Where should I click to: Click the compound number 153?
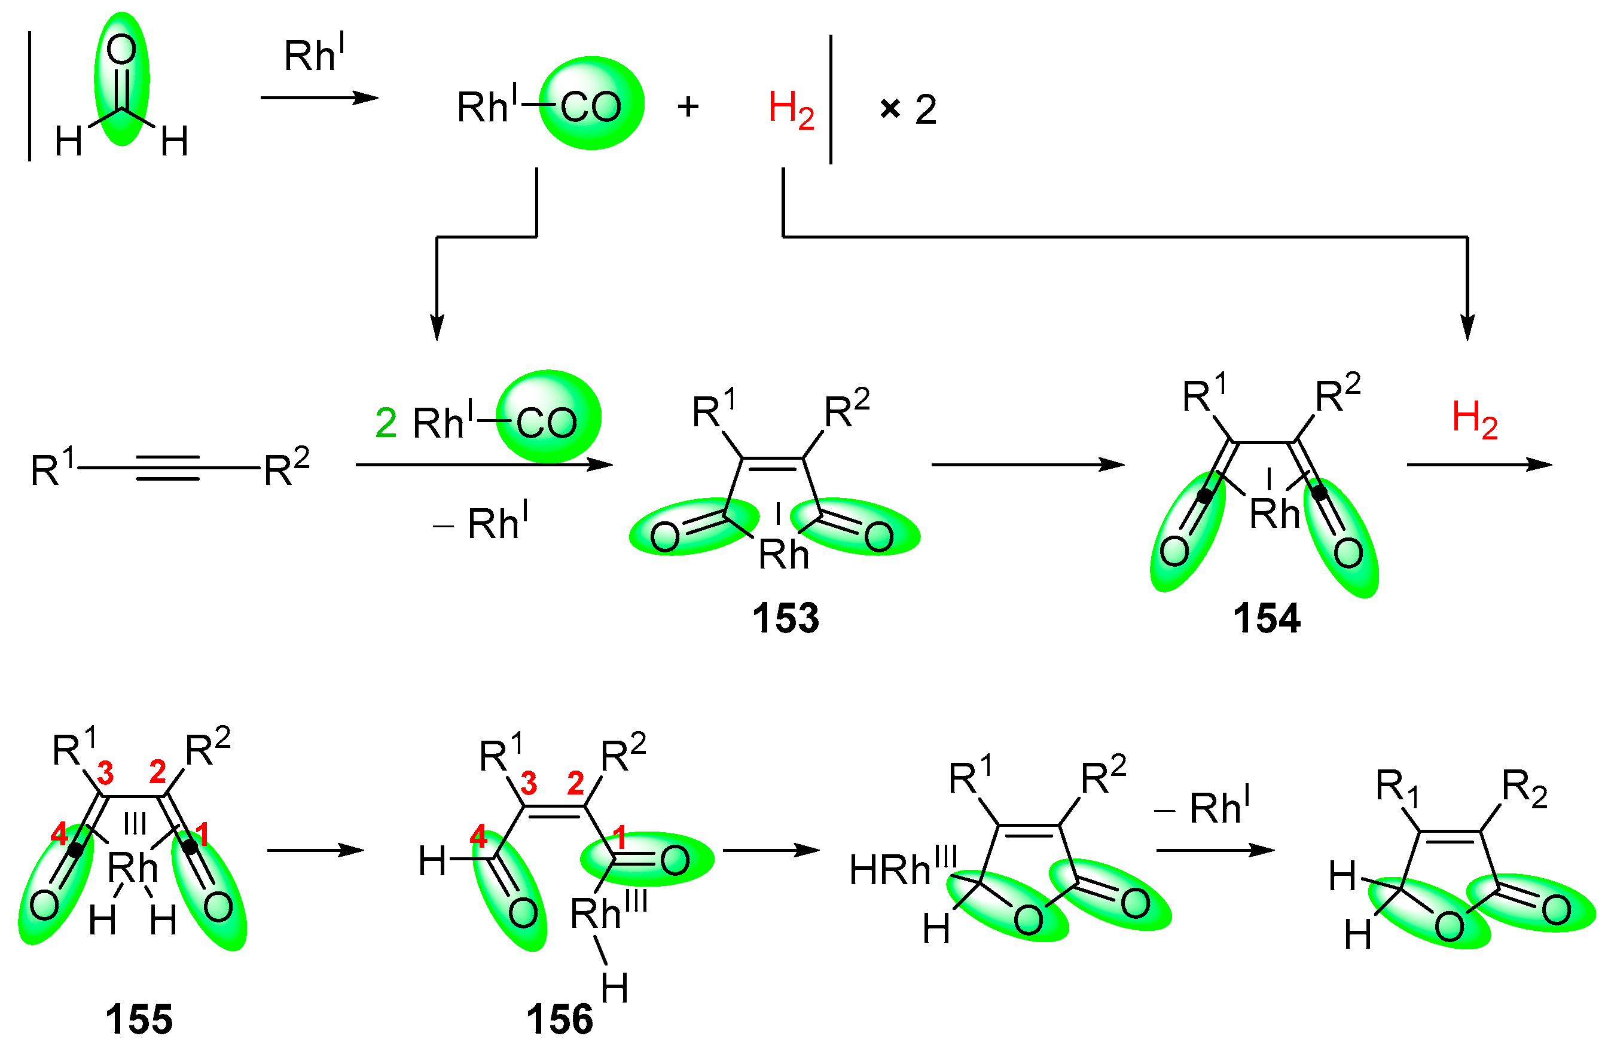(786, 618)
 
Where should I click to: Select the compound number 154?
(1266, 618)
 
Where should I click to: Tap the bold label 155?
(139, 1019)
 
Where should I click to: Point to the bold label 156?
(560, 1019)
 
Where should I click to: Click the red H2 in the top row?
(791, 109)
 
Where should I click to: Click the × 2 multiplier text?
(909, 109)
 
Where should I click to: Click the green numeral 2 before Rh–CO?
(386, 423)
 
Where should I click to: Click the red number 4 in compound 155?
(59, 835)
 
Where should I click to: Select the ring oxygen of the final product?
(1448, 927)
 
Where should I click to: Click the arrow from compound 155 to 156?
(316, 850)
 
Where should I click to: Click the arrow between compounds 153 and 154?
(1027, 465)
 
